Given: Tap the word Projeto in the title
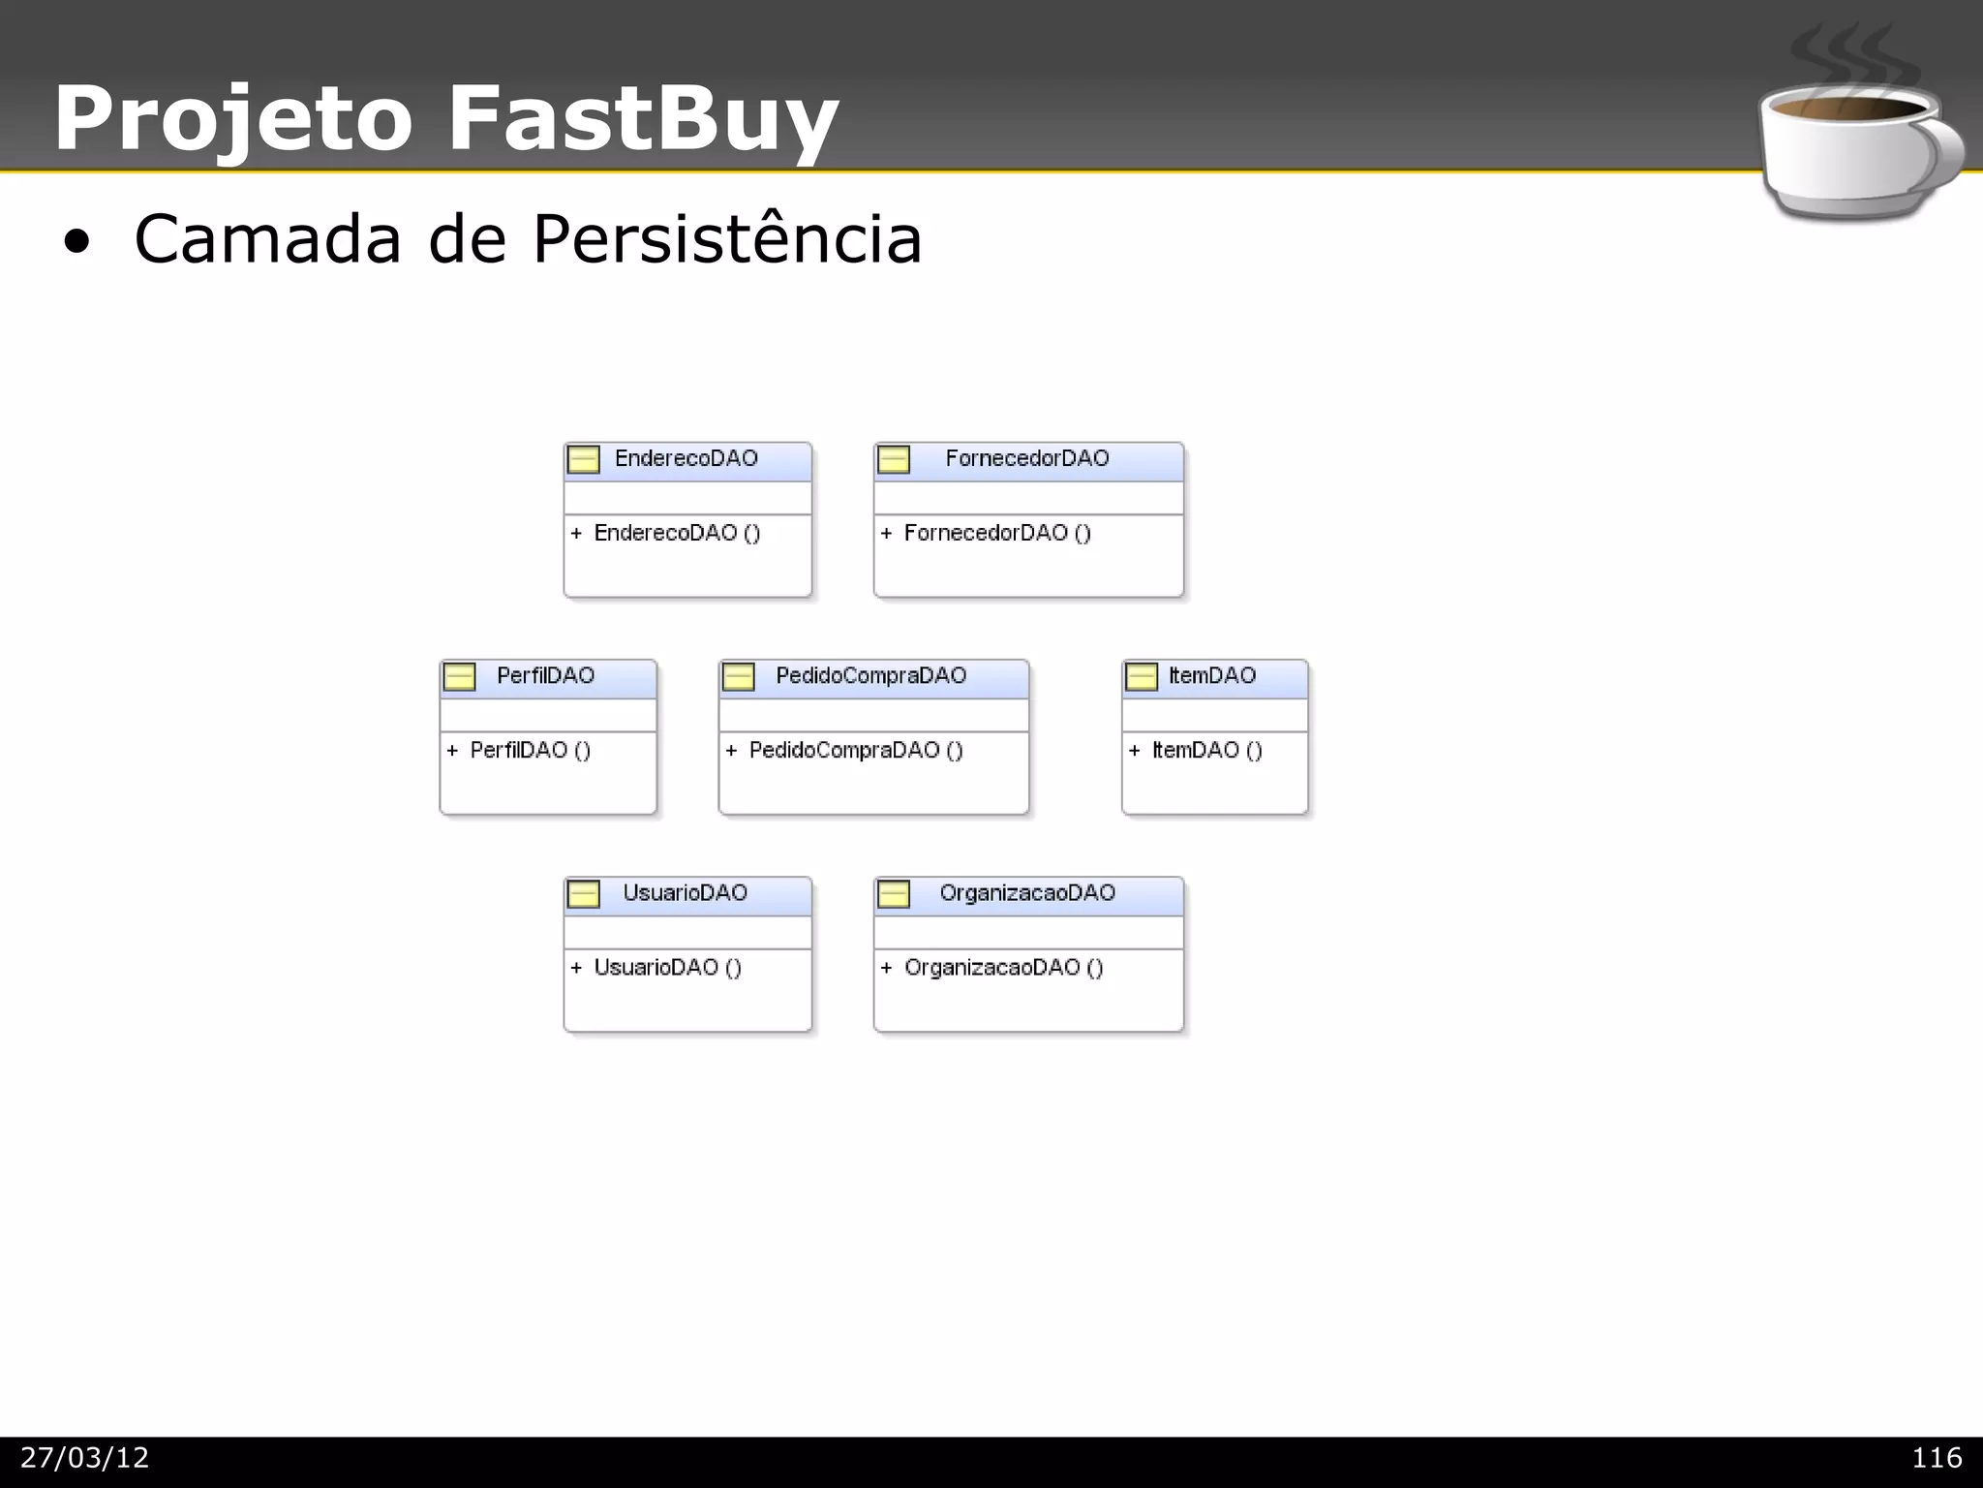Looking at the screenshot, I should [x=233, y=120].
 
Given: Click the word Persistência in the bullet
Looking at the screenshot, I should [x=727, y=238].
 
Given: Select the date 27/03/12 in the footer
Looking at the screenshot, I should [x=85, y=1457].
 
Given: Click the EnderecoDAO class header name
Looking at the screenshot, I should [x=686, y=458].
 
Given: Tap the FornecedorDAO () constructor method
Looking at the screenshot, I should [x=997, y=533].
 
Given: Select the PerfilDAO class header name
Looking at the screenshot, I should [x=545, y=675].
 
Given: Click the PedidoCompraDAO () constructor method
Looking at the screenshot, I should [x=856, y=750].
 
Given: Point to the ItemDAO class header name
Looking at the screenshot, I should [x=1211, y=675].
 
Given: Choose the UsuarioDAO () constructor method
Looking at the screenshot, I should [x=667, y=967].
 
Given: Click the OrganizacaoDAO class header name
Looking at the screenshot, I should [x=1027, y=892].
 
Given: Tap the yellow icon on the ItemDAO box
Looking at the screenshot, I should [x=1142, y=676].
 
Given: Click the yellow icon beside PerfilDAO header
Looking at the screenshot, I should [x=459, y=676].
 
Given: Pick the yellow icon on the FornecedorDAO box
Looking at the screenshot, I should [x=894, y=459].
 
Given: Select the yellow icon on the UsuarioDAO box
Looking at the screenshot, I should [x=583, y=893].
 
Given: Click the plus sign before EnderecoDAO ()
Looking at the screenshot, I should [x=576, y=533].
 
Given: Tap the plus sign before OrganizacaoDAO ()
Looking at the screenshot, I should [x=886, y=967].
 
